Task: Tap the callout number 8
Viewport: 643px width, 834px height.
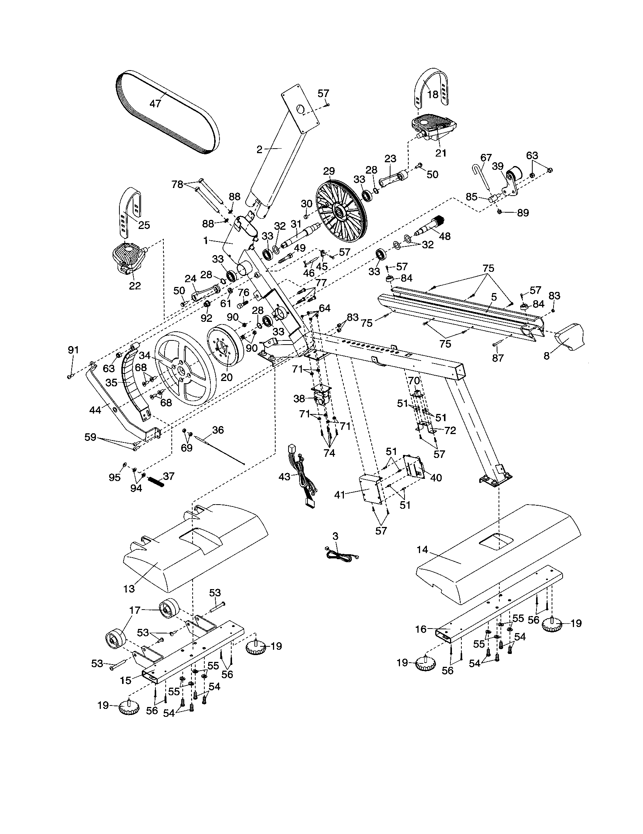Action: [x=546, y=356]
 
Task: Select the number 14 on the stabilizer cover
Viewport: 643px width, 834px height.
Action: [x=423, y=550]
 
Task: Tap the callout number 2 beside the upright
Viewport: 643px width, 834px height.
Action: [x=259, y=150]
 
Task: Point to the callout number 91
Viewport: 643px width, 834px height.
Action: [x=73, y=350]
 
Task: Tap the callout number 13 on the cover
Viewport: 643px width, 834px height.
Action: [x=129, y=589]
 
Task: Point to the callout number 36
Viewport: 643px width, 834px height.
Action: [x=218, y=430]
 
